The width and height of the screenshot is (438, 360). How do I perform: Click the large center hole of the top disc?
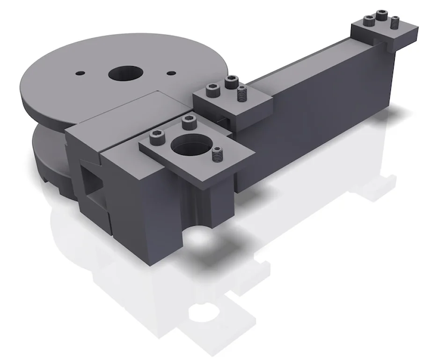tap(125, 73)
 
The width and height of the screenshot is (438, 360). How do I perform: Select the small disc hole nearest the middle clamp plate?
tap(172, 72)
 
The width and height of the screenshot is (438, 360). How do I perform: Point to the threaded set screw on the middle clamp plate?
tap(241, 94)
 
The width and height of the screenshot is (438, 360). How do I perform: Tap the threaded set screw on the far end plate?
tap(395, 22)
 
